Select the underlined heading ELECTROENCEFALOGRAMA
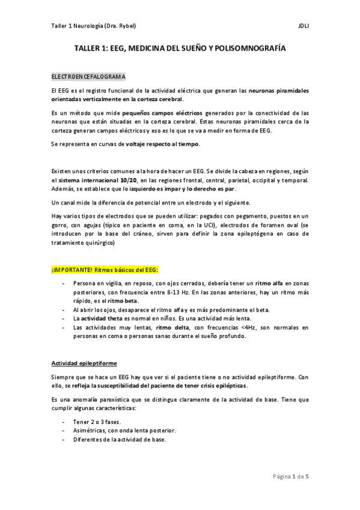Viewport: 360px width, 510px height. (89, 78)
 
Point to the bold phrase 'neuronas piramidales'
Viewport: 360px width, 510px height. (279, 91)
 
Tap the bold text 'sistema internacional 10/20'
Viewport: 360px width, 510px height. (86, 180)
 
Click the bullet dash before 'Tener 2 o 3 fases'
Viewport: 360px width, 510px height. (64, 422)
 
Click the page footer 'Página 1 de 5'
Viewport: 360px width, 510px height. (290, 475)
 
